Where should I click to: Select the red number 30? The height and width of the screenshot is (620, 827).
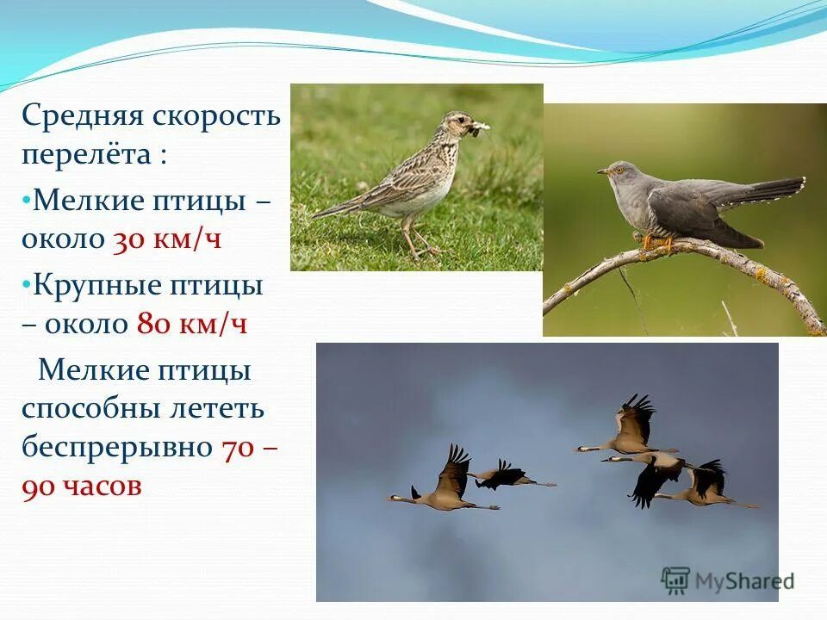(126, 239)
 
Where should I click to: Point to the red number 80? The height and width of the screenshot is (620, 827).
(150, 324)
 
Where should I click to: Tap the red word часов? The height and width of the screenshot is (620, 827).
(103, 486)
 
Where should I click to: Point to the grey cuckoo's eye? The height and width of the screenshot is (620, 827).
(614, 170)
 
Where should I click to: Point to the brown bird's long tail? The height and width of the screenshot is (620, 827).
(340, 206)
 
